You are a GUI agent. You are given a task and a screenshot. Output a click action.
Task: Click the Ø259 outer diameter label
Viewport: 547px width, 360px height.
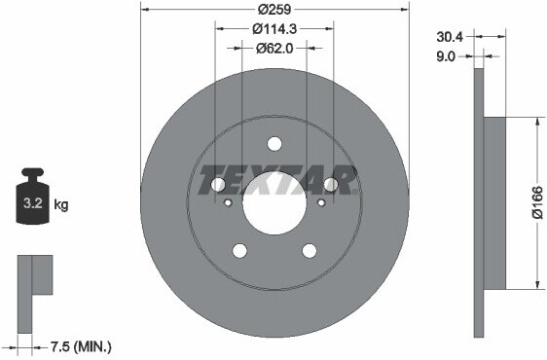tap(274, 10)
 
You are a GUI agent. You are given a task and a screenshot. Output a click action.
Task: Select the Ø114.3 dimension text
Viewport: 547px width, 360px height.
tap(274, 29)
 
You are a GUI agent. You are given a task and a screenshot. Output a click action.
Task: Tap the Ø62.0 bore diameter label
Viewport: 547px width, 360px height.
tap(274, 48)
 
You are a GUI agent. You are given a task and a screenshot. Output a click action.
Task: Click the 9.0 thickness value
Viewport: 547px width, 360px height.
tap(446, 56)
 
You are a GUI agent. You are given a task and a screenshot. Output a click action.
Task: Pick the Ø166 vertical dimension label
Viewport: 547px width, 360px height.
tap(537, 202)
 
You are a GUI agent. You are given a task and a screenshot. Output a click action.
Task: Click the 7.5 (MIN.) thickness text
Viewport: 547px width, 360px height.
tap(81, 346)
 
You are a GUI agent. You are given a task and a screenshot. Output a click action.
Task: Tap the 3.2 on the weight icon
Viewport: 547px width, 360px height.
tap(33, 202)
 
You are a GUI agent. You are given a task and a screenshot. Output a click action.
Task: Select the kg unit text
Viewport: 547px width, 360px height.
tap(61, 204)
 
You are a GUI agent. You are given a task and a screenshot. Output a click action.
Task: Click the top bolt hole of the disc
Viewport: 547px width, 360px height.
tap(274, 144)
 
